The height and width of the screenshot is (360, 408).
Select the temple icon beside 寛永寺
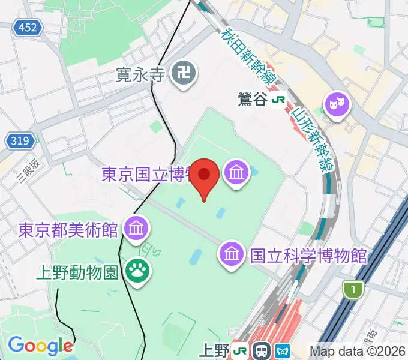pyautogui.click(x=181, y=74)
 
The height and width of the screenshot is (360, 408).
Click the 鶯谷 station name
pyautogui.click(x=253, y=100)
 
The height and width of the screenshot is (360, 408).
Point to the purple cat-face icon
pyautogui.click(x=336, y=104)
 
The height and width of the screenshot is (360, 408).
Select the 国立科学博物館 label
pyautogui.click(x=308, y=256)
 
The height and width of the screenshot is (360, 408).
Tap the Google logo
pyautogui.click(x=40, y=346)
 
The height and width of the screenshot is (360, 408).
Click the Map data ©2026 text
pyautogui.click(x=358, y=352)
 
